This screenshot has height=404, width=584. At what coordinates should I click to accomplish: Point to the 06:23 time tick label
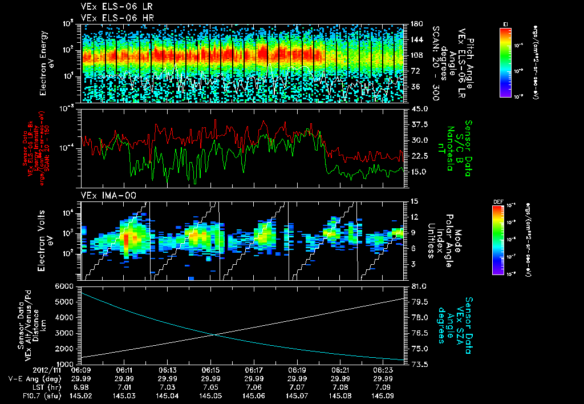(383, 370)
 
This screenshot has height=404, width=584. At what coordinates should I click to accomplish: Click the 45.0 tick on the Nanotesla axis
(420, 109)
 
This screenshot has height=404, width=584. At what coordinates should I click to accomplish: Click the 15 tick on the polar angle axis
(414, 201)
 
